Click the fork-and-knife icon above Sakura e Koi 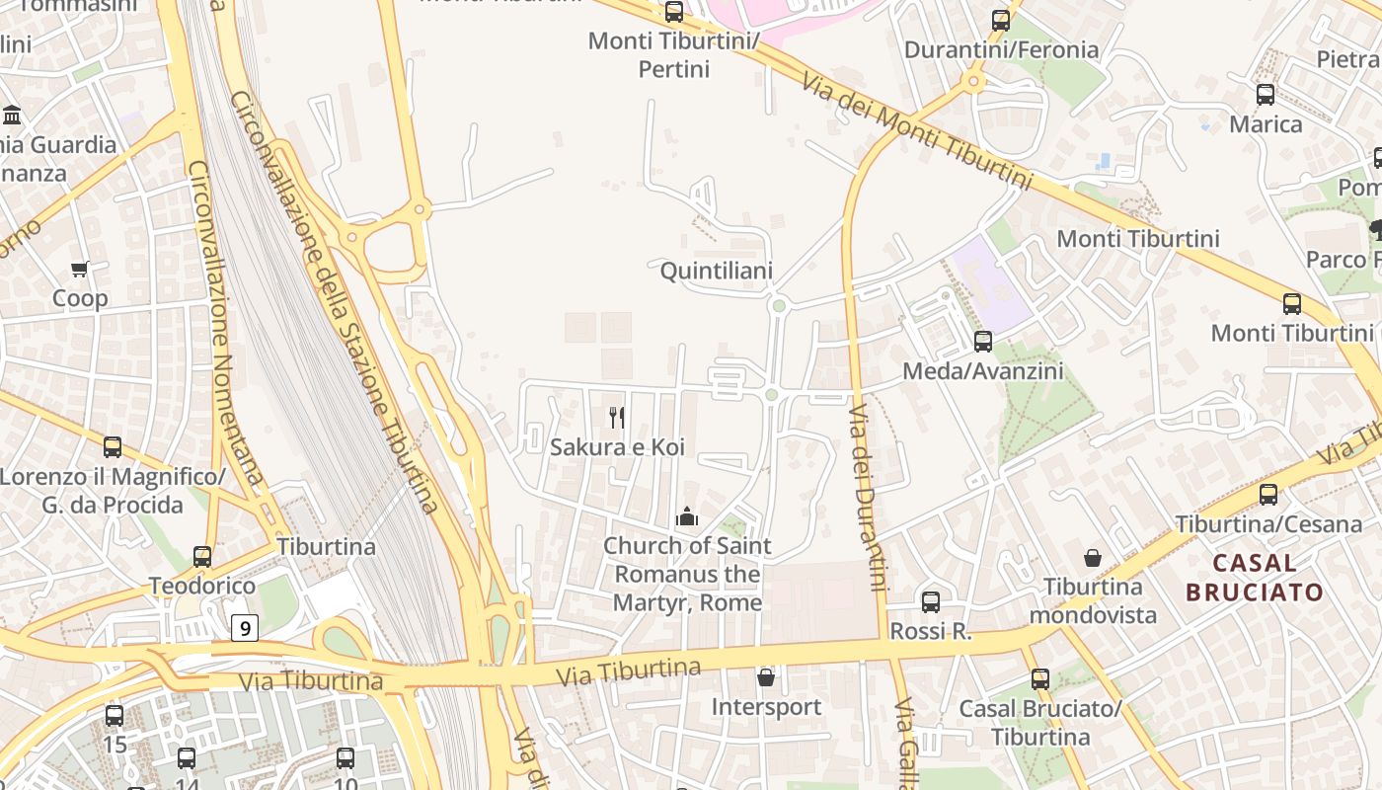tap(617, 418)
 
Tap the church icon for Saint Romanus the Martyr tap(686, 515)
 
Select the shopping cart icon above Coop tap(80, 269)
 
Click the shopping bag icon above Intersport tap(765, 677)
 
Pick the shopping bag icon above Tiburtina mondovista tap(1093, 558)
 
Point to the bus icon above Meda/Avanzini tap(983, 342)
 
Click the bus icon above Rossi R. tap(931, 601)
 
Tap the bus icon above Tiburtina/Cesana tap(1268, 495)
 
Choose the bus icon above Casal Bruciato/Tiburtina tap(1040, 679)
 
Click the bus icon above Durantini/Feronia tap(1001, 20)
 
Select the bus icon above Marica tap(1266, 95)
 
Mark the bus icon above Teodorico tap(202, 557)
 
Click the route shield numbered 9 tap(245, 627)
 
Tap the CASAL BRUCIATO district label tap(1254, 578)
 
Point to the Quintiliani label tap(716, 271)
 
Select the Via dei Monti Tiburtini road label tap(917, 130)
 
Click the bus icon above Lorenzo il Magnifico tap(113, 447)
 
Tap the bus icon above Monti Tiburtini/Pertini tap(674, 12)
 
